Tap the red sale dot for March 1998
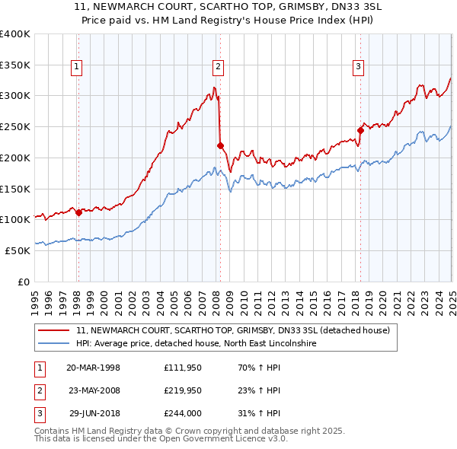point(78,212)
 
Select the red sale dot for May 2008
point(220,145)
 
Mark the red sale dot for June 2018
point(361,130)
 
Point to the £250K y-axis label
point(15,126)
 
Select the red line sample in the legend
point(54,330)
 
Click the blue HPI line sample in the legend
point(54,344)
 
